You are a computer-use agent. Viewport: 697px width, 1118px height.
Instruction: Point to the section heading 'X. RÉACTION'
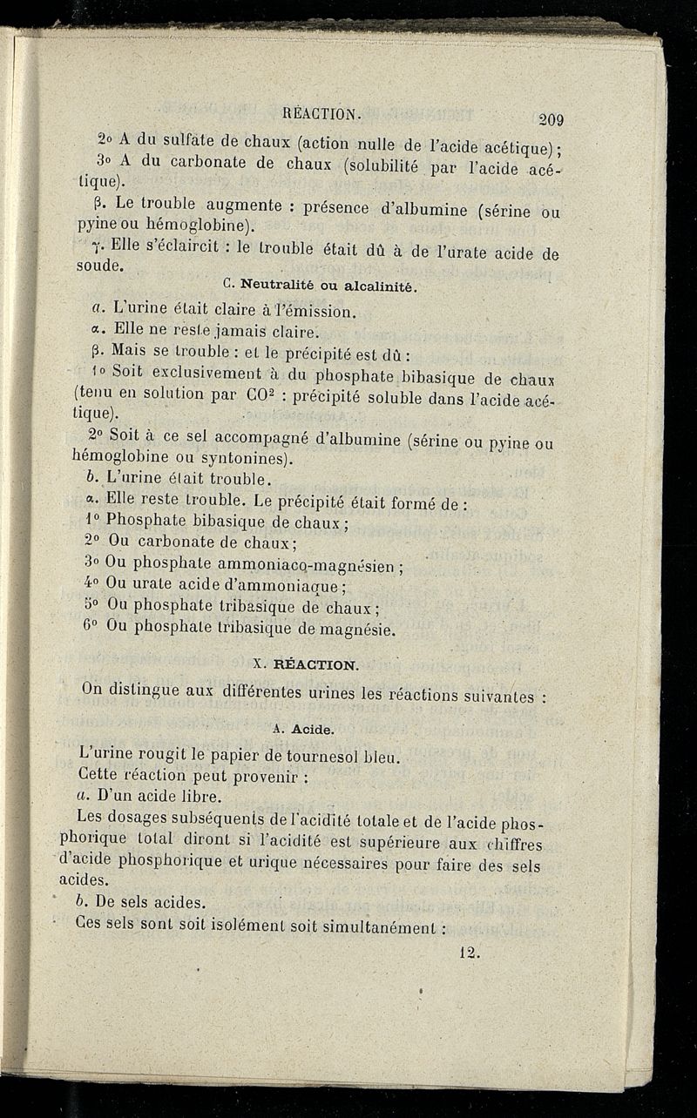[304, 663]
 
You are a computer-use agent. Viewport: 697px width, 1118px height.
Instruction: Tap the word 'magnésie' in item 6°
[336, 628]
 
